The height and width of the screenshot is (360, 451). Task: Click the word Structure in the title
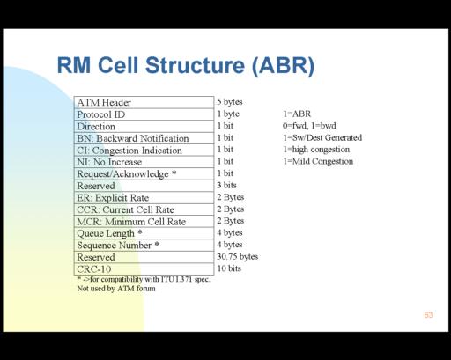[195, 65]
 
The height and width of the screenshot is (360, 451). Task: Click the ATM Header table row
[144, 102]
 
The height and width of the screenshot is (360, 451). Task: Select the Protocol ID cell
[144, 114]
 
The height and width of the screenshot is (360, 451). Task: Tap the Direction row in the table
[144, 127]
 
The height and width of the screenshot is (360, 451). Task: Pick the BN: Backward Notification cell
[144, 138]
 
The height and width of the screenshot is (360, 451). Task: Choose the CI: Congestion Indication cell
[144, 151]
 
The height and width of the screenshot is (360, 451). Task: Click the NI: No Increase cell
[144, 162]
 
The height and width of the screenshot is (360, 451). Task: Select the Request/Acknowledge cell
[144, 174]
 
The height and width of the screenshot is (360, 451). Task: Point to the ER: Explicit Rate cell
[144, 198]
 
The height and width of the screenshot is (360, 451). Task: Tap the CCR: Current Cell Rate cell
[144, 209]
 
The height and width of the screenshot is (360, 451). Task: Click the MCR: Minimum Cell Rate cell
[144, 222]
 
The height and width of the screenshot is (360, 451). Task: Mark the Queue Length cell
[144, 233]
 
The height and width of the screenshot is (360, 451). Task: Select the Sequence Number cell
[144, 246]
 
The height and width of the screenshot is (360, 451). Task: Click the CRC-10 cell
[144, 269]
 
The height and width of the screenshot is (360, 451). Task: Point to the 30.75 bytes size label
[238, 257]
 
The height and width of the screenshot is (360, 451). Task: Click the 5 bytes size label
[230, 102]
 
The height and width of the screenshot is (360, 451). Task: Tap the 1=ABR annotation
[297, 114]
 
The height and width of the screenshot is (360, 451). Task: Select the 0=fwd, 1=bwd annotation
[309, 126]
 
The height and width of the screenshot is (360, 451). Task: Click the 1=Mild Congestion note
[318, 161]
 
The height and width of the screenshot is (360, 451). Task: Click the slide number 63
[428, 315]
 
